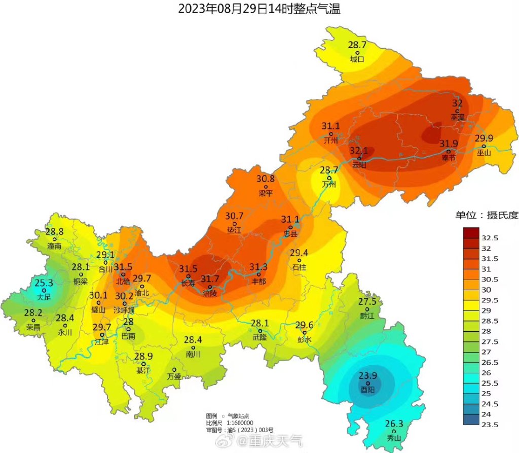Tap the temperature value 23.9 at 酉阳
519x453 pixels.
(368, 376)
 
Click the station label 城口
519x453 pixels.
(357, 59)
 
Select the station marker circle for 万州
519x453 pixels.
(329, 178)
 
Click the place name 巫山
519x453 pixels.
(484, 152)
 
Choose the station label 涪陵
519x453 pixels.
(210, 293)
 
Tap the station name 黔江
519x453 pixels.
(366, 315)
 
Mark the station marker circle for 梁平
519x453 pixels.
(266, 187)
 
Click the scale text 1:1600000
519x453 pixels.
(240, 423)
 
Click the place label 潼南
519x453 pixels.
(54, 246)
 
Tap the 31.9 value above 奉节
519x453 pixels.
(449, 144)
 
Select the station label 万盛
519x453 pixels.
(174, 376)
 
